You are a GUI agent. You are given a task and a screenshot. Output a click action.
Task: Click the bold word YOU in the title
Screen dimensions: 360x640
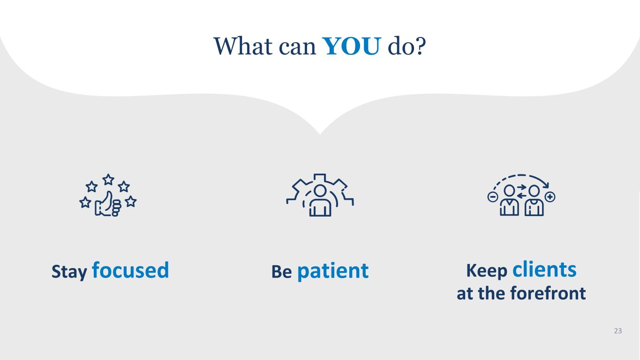351,46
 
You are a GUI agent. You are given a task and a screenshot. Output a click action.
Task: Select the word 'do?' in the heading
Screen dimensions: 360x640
407,46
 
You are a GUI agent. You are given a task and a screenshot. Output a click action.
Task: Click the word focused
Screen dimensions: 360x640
130,270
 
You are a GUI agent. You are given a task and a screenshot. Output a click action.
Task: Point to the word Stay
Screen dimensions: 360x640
69,272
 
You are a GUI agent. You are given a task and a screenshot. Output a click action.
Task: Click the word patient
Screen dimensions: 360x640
333,271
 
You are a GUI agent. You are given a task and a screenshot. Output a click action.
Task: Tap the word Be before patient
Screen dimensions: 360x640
281,272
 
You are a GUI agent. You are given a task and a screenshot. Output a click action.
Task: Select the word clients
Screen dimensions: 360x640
544,270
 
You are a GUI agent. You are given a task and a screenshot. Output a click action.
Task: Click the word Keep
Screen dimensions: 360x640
487,270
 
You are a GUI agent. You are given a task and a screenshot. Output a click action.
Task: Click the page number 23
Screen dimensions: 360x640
617,331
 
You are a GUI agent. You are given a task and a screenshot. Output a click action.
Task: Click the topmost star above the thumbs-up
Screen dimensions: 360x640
108,179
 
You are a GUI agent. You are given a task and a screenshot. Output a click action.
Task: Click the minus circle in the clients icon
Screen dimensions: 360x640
493,197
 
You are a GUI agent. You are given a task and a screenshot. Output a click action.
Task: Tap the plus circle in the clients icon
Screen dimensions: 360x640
550,197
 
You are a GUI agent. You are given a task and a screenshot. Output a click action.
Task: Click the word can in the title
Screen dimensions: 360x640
295,46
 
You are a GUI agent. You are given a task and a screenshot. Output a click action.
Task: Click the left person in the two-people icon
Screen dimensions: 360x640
509,202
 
